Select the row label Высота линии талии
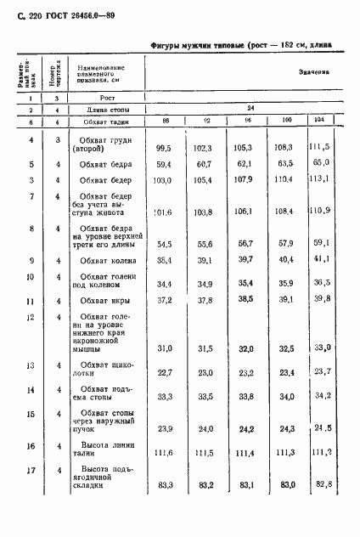tap(104, 448)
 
